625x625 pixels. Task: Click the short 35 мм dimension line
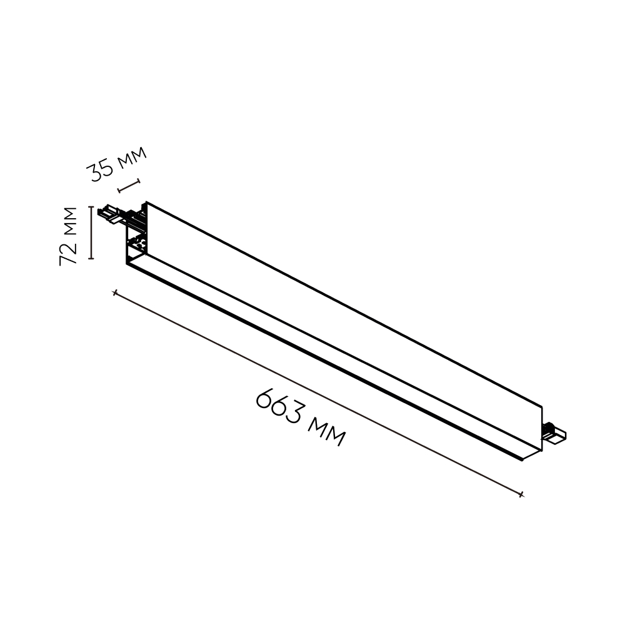coord(129,186)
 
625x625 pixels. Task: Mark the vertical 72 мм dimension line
coord(91,232)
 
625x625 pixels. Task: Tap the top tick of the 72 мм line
coord(91,207)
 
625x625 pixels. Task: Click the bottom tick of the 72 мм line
coord(91,259)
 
